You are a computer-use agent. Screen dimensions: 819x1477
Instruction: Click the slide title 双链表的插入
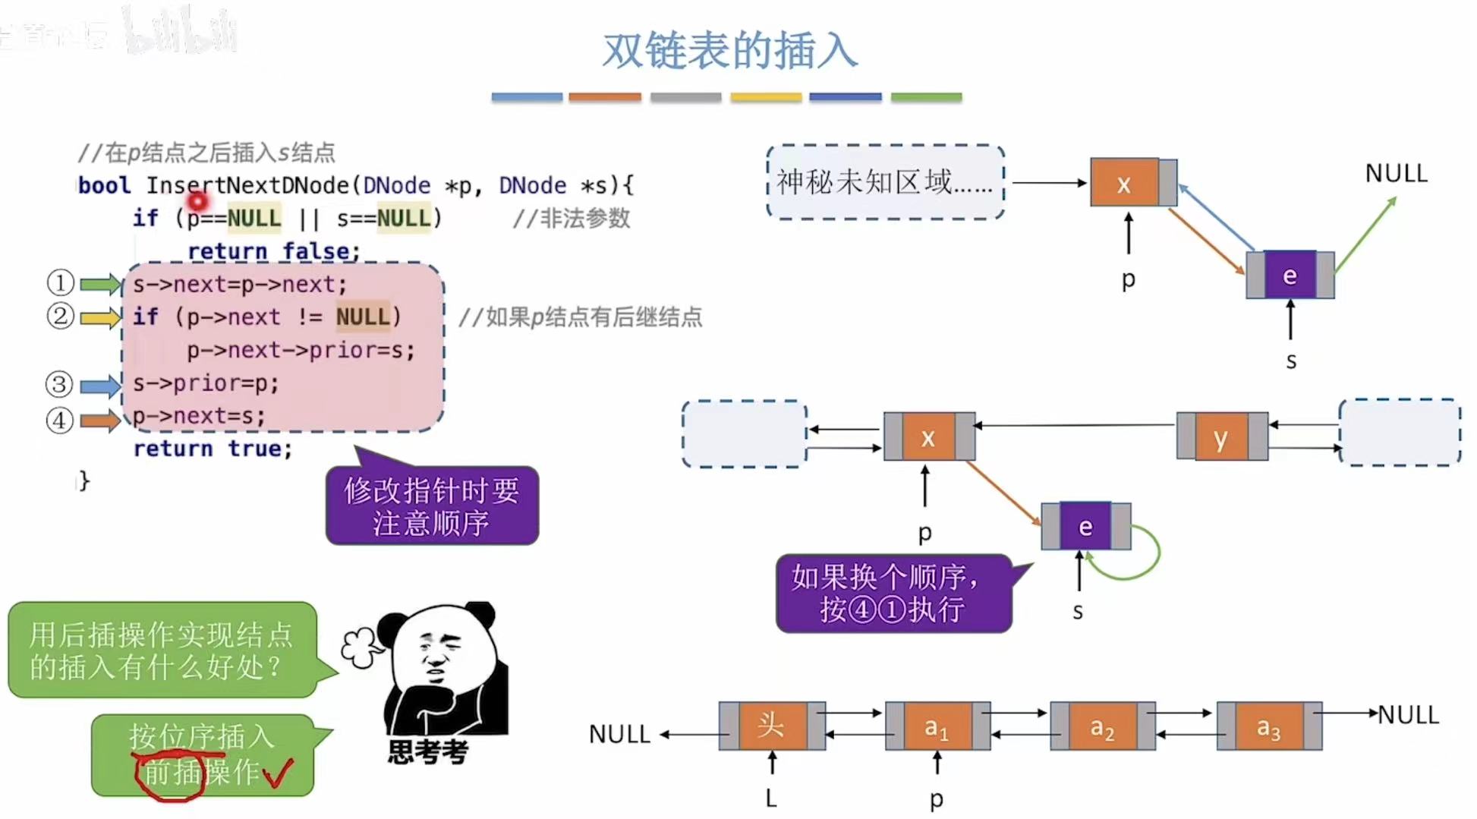729,51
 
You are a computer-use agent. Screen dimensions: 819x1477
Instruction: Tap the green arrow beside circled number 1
101,285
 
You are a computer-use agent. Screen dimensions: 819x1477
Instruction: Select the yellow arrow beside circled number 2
101,317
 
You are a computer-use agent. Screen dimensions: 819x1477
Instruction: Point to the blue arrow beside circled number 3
101,386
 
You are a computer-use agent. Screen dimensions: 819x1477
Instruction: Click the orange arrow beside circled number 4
101,420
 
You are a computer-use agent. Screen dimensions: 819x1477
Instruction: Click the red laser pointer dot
197,202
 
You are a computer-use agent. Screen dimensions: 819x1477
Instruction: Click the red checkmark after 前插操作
278,773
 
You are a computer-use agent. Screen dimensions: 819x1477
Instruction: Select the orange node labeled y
1221,437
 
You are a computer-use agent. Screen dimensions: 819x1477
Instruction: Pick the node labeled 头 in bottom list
771,726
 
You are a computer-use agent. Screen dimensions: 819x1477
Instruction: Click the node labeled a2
1102,727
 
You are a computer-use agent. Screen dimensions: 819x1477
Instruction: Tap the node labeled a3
1268,727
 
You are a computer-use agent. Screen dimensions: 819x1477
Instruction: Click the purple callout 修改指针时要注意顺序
432,506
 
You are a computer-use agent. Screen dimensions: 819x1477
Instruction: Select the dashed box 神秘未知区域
885,182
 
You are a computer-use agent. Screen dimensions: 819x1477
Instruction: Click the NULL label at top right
1396,174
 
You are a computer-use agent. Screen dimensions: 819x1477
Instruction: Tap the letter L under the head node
771,798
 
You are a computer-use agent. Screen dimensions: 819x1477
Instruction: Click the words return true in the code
212,449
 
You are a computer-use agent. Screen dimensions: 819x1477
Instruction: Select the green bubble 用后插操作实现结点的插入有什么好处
161,650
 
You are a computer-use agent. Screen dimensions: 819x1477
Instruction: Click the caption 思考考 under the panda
428,751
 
